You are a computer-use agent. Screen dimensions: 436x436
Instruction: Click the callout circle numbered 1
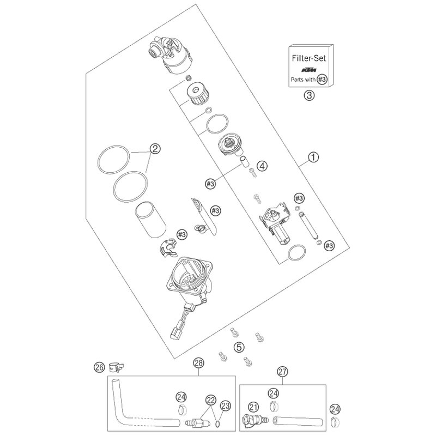click(x=313, y=158)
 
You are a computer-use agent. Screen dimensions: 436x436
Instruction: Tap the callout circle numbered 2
click(x=155, y=149)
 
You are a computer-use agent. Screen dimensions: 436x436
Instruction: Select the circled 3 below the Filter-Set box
click(x=309, y=95)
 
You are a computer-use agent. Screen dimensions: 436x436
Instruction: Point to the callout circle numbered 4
click(x=262, y=166)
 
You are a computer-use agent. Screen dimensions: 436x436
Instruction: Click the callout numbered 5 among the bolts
click(x=239, y=347)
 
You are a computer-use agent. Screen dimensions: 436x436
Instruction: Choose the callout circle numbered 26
click(x=99, y=367)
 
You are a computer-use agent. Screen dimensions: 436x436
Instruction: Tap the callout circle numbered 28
click(x=199, y=363)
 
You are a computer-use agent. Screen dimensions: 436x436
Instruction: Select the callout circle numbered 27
click(x=282, y=372)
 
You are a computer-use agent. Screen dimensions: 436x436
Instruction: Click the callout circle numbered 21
click(x=253, y=407)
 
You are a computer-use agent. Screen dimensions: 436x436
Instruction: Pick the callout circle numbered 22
click(x=210, y=400)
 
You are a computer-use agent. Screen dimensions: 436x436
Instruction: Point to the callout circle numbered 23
click(x=225, y=405)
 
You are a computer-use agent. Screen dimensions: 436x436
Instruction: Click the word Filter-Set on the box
click(x=308, y=58)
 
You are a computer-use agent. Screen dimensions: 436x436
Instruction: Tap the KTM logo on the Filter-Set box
click(x=309, y=70)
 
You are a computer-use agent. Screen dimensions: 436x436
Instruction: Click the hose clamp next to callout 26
click(x=117, y=367)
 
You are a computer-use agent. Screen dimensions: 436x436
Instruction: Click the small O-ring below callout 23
click(x=219, y=423)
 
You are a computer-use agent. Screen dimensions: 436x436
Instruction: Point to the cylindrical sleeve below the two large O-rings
click(x=150, y=220)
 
